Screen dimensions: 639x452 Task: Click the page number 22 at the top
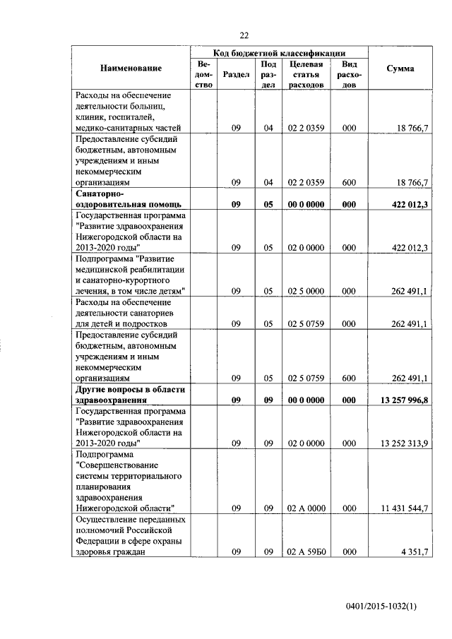pyautogui.click(x=245, y=35)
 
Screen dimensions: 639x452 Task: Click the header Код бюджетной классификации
pyautogui.click(x=279, y=52)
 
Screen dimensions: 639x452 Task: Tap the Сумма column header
pyautogui.click(x=400, y=68)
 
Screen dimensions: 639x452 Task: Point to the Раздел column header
pyautogui.click(x=235, y=74)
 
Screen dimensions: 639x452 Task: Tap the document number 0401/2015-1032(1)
pyautogui.click(x=381, y=606)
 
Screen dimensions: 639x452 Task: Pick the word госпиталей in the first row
pyautogui.click(x=136, y=117)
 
